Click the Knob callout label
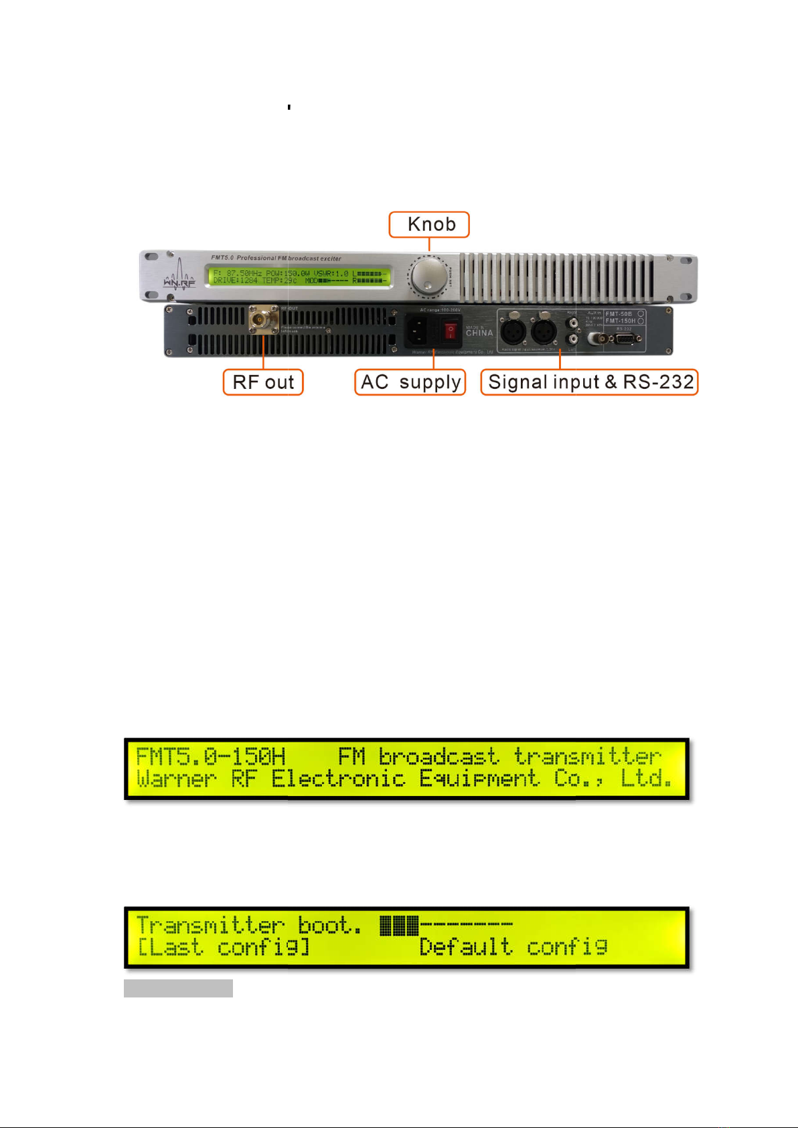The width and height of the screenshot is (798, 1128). point(429,224)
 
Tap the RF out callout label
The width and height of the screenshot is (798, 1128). point(263,382)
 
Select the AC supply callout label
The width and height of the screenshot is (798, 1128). point(410,382)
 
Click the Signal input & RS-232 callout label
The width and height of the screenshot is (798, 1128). point(590,382)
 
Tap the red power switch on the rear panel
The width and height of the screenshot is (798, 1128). point(450,330)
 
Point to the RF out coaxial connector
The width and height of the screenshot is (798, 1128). point(264,319)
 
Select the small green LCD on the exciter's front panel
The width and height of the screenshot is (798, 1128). point(299,276)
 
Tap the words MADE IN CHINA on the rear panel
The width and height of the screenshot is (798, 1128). point(479,331)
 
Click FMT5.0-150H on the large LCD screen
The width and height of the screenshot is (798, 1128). point(211,757)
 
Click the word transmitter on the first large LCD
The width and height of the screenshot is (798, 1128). point(587,757)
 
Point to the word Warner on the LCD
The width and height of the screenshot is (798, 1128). point(177,779)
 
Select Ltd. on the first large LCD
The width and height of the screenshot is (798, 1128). point(646,779)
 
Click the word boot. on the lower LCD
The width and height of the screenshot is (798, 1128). point(329,926)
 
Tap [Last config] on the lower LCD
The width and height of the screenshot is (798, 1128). point(223,948)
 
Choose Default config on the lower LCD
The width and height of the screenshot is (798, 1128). point(513,948)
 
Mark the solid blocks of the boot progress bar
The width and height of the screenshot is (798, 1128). point(399,926)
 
